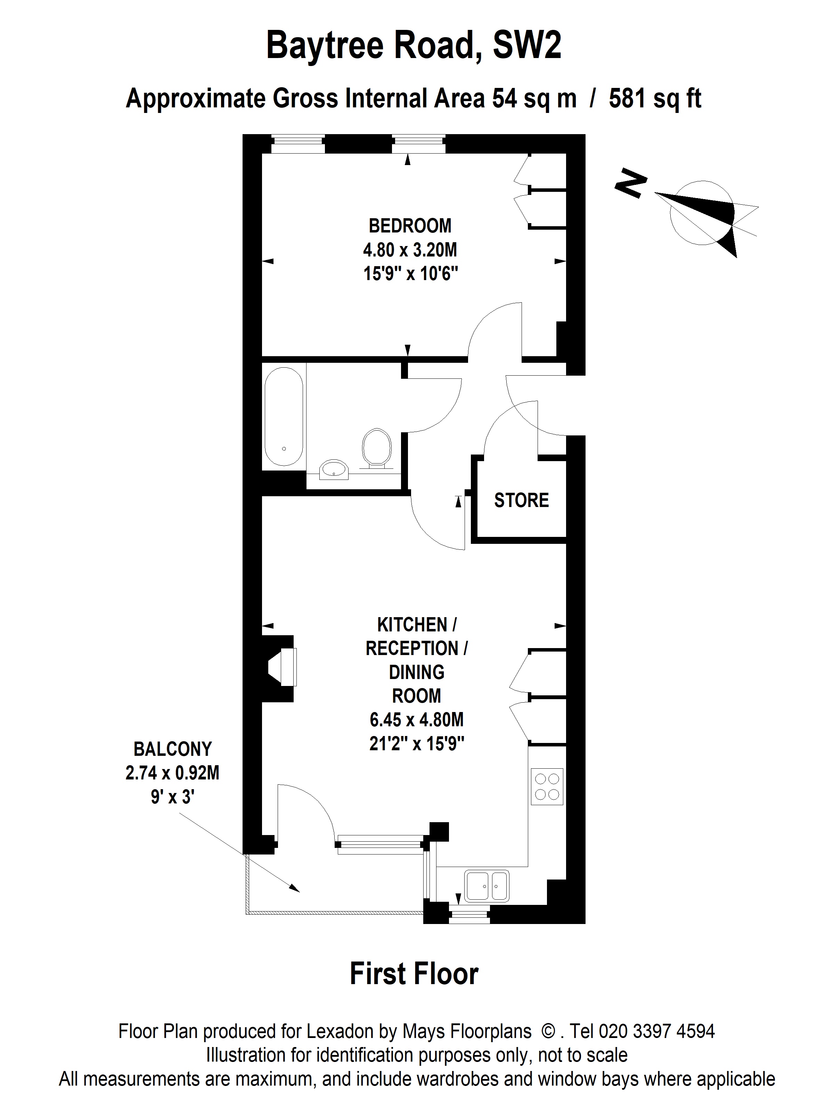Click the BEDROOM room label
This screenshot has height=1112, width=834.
pyautogui.click(x=410, y=226)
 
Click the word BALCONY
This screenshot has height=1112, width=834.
pyautogui.click(x=172, y=749)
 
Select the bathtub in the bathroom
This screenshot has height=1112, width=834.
pyautogui.click(x=284, y=417)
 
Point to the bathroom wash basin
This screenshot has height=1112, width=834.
pyautogui.click(x=334, y=469)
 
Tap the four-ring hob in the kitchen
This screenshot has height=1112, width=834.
pyautogui.click(x=547, y=786)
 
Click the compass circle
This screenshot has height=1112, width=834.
pyautogui.click(x=702, y=213)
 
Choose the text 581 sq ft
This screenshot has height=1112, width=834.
pyautogui.click(x=655, y=99)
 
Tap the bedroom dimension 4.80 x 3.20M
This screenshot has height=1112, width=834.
pyautogui.click(x=410, y=250)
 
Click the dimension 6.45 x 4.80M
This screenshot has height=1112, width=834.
pyautogui.click(x=417, y=720)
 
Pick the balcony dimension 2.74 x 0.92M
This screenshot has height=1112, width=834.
pyautogui.click(x=172, y=773)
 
